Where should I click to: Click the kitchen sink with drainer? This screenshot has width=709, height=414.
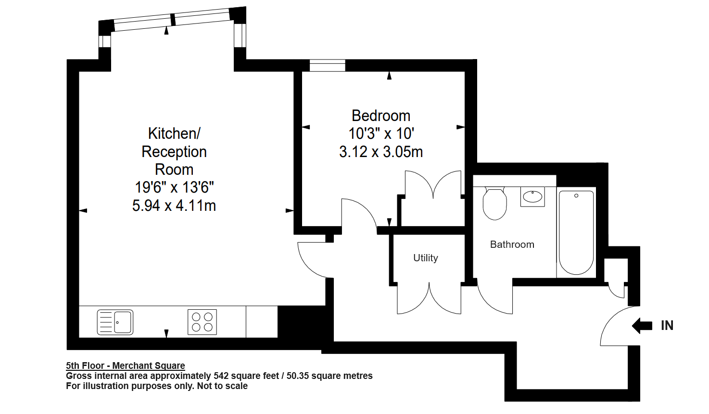coord(115,322)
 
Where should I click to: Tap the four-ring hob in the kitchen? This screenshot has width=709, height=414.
coord(202,322)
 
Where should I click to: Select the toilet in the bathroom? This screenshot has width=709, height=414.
coord(495,204)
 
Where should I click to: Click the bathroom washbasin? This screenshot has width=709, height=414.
coord(532,196)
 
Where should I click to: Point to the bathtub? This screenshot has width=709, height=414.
coord(576,232)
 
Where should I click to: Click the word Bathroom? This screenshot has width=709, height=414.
coord(512,244)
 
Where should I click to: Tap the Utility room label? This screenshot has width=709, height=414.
coord(426,258)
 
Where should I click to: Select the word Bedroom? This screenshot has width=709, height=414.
coord(381,116)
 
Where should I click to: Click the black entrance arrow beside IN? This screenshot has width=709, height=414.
coord(642,326)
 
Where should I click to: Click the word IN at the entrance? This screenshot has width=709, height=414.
coord(667,326)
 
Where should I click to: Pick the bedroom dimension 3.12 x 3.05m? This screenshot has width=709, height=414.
coord(381,152)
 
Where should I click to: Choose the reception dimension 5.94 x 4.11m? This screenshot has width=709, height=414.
coord(174,206)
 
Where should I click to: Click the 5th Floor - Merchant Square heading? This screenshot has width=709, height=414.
coord(126,365)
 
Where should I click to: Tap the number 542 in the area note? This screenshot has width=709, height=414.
coord(221,376)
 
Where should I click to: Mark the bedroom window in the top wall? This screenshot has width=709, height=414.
coord(327,65)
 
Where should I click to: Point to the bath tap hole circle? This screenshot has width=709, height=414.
coord(576,195)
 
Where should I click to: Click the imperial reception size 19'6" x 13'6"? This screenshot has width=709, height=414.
coord(174,187)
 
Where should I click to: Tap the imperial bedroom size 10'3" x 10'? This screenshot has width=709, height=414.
coord(381,134)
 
